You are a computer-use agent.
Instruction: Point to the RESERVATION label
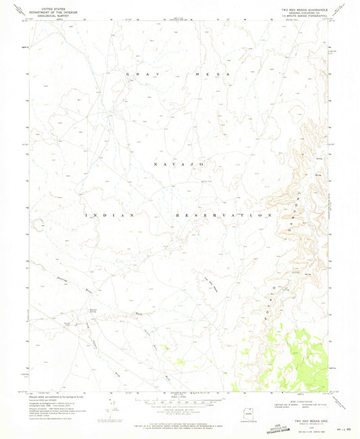(x=223, y=215)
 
